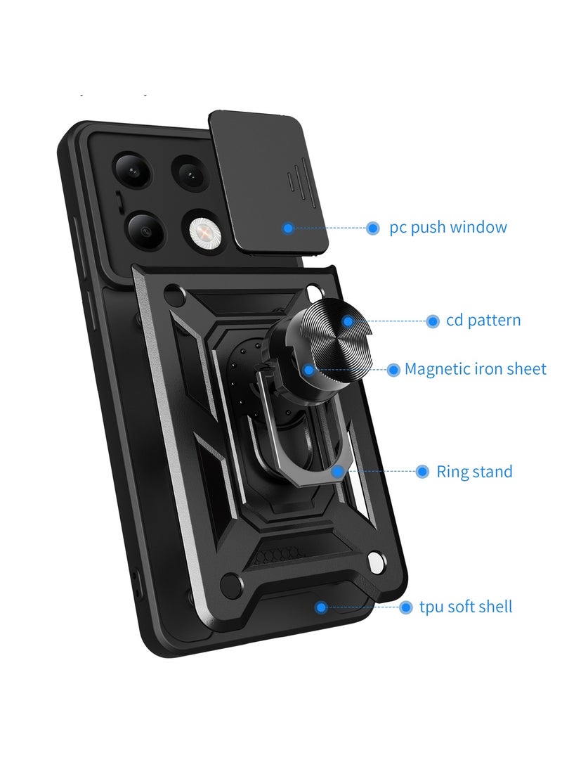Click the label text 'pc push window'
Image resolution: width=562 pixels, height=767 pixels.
[448, 228]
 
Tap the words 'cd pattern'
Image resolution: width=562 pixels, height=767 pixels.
[483, 321]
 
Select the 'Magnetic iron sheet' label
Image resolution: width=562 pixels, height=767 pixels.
[475, 369]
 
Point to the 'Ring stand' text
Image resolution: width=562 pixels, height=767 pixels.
[474, 472]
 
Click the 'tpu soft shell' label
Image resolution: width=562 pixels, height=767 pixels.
[466, 607]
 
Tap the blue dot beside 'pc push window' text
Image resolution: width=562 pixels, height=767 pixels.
[372, 228]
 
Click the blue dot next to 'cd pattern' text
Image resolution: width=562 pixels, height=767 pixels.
[433, 321]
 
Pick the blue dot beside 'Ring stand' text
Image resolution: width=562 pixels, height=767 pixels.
[422, 472]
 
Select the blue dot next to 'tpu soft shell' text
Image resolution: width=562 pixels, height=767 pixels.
[405, 607]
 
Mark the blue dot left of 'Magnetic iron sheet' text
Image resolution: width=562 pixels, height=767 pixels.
[393, 369]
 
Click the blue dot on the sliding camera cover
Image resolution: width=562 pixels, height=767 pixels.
[287, 228]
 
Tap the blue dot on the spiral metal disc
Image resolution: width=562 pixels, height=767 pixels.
[347, 321]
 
